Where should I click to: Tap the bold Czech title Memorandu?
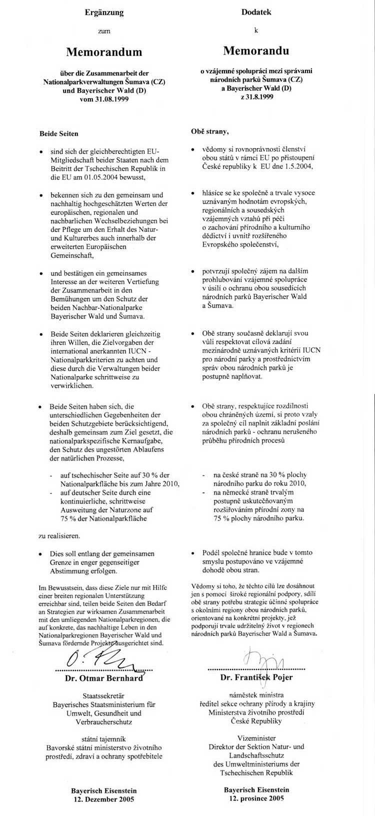coord(256,50)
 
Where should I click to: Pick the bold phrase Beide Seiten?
coord(59,134)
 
